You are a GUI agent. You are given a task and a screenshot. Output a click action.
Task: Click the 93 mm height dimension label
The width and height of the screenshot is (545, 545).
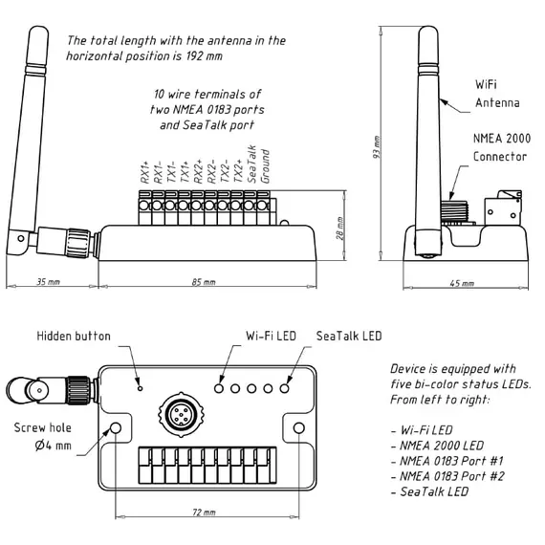(377, 147)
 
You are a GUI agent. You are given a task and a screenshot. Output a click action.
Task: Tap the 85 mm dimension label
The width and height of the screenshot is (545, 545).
(204, 282)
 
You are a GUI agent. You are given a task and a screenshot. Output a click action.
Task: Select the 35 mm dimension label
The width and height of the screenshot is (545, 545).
(49, 281)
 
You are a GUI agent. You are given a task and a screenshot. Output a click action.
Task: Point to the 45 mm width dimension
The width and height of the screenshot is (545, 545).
(462, 283)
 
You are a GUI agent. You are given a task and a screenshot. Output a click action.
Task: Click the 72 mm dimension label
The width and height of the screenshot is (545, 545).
(204, 512)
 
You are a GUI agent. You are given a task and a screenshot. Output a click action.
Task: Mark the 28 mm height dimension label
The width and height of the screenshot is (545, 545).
(340, 229)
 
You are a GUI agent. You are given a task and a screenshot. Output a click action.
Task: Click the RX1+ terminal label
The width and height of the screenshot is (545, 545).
(145, 172)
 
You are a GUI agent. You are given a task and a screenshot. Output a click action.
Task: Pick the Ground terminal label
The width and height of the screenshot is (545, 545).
(265, 166)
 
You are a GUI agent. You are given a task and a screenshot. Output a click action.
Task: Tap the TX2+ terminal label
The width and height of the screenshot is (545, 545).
(238, 171)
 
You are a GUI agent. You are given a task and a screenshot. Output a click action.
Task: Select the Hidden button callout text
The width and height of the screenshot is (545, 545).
(74, 337)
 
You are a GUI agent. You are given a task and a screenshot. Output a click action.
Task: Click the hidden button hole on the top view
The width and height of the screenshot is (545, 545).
(140, 388)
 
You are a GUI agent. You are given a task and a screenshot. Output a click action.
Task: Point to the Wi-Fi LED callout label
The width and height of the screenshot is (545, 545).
(271, 336)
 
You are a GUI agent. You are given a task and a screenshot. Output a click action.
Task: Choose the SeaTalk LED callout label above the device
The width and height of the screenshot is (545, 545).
(349, 336)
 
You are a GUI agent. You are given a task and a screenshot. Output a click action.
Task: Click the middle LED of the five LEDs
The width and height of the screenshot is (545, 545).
(251, 388)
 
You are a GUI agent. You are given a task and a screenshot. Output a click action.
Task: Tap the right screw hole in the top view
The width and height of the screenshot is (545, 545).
(299, 427)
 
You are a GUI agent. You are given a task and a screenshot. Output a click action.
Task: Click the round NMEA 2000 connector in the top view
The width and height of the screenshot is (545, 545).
(181, 414)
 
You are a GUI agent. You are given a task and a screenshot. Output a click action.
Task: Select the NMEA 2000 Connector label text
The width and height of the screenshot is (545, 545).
(502, 147)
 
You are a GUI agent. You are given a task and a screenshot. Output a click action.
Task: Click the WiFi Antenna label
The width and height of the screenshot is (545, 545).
(497, 94)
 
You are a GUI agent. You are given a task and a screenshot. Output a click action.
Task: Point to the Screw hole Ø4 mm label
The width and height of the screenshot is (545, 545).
(43, 437)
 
